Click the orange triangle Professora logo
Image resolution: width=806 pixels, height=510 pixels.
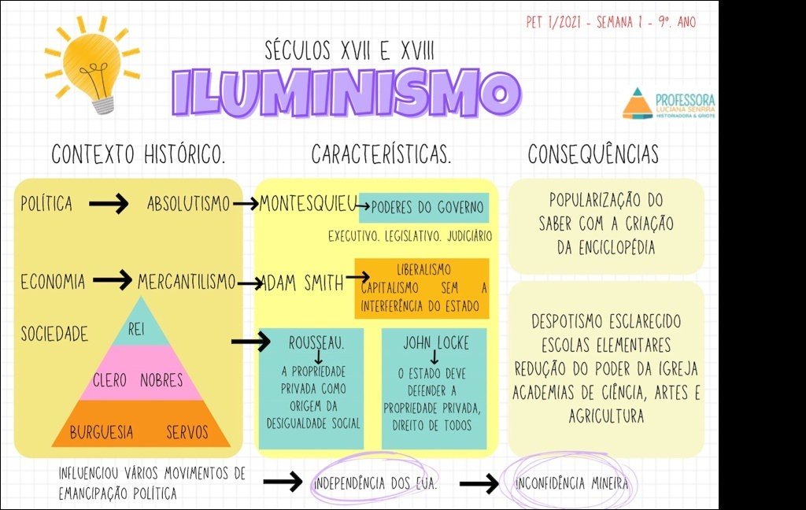tap(637, 103)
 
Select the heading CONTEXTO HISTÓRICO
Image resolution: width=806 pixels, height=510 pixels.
tap(139, 155)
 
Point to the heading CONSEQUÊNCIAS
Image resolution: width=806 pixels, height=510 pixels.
tap(593, 154)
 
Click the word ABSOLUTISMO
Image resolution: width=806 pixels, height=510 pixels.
tap(189, 205)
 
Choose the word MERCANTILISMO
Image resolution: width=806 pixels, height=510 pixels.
tap(187, 281)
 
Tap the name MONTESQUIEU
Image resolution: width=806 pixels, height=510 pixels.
tap(308, 204)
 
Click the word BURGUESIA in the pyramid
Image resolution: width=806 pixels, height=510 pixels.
tap(101, 432)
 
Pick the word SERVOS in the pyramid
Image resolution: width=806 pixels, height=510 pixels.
tap(187, 432)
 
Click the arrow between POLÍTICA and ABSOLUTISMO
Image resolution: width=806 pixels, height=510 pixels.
tap(109, 205)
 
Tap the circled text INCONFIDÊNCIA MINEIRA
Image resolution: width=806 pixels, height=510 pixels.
tap(571, 483)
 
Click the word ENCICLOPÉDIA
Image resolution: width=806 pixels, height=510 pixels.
tap(606, 248)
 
